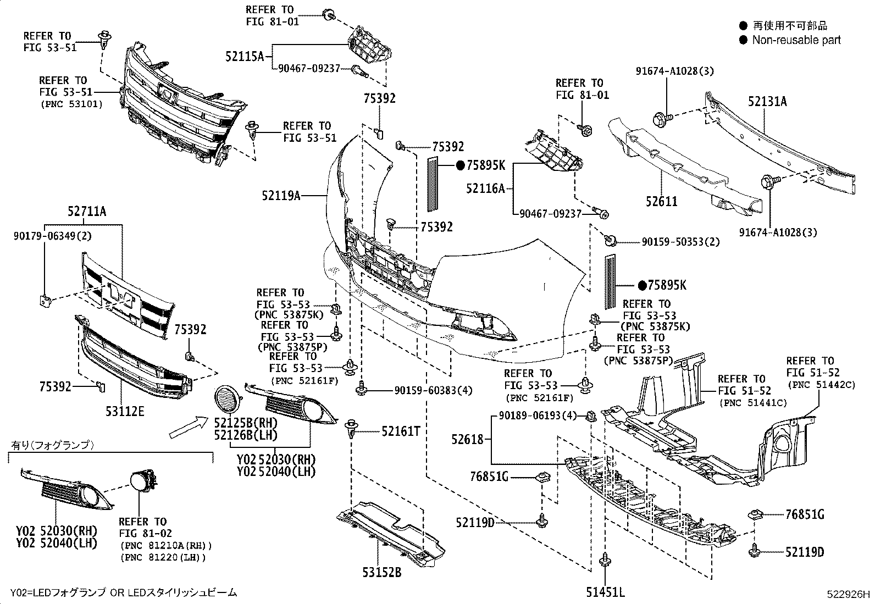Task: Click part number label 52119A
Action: pyautogui.click(x=281, y=195)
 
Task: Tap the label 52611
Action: pyautogui.click(x=662, y=202)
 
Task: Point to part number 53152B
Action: pyautogui.click(x=381, y=572)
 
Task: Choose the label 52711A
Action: pyautogui.click(x=87, y=210)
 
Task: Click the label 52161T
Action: pyautogui.click(x=401, y=431)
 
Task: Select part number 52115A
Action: pyautogui.click(x=245, y=56)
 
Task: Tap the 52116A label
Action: pyautogui.click(x=485, y=189)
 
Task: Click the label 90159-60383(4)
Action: pyautogui.click(x=433, y=391)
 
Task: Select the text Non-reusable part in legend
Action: pyautogui.click(x=796, y=40)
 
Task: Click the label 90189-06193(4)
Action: pyautogui.click(x=538, y=415)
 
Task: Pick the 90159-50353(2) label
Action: pyautogui.click(x=680, y=242)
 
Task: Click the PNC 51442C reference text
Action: pyautogui.click(x=822, y=385)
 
